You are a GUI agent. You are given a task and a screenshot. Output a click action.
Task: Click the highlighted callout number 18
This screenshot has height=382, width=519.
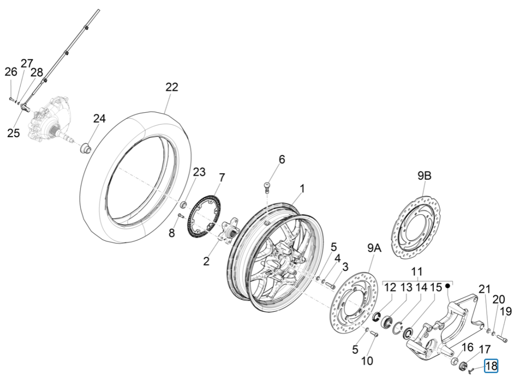pos(491,366)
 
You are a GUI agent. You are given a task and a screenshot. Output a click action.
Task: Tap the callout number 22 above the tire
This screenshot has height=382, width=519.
pos(172,87)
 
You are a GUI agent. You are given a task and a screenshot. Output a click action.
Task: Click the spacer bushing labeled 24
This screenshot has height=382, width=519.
pos(86,149)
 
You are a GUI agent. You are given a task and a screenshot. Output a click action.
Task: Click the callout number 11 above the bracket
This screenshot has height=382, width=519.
pos(417,272)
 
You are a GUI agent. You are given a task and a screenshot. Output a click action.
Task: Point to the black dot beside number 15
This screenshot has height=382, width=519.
pos(447,286)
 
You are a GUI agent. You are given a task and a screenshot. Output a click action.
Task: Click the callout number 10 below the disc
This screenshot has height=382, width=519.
pos(367,360)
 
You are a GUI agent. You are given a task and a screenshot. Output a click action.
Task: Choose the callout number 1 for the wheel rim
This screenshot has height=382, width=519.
pos(302,188)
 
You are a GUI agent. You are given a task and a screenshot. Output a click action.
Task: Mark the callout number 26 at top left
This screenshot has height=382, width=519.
pos(11,72)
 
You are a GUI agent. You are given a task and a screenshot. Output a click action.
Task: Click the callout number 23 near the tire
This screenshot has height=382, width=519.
pos(199,172)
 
